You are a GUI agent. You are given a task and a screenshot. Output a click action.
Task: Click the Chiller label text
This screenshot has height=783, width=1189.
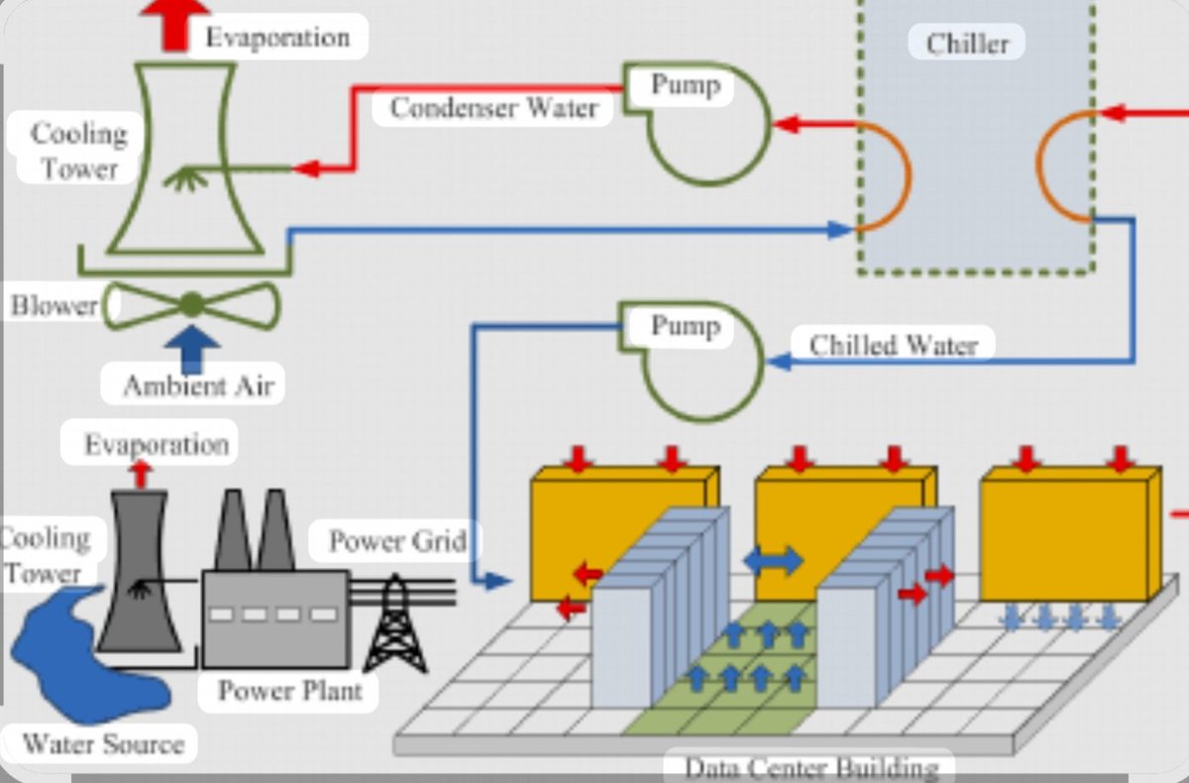tap(967, 44)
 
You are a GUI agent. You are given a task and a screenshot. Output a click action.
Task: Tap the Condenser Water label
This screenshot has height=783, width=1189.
tap(492, 107)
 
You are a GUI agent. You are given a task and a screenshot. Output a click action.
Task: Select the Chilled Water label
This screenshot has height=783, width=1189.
tap(893, 345)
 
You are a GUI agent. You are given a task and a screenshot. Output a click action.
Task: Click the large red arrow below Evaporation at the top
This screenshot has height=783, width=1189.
tap(175, 22)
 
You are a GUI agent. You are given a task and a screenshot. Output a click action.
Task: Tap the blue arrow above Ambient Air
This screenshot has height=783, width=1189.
tap(193, 348)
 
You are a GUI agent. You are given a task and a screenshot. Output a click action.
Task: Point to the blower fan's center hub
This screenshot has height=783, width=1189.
tap(191, 304)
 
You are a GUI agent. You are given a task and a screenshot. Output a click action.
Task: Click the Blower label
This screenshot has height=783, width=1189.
tap(54, 304)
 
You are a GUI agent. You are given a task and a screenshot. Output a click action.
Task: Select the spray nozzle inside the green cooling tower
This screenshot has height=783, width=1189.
tap(183, 177)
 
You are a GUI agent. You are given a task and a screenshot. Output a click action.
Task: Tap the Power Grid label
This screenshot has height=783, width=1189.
tap(396, 541)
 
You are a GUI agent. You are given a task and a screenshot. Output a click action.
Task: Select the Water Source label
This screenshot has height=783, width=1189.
tap(103, 742)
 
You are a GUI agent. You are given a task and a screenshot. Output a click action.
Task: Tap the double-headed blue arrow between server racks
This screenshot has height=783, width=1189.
tap(773, 560)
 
